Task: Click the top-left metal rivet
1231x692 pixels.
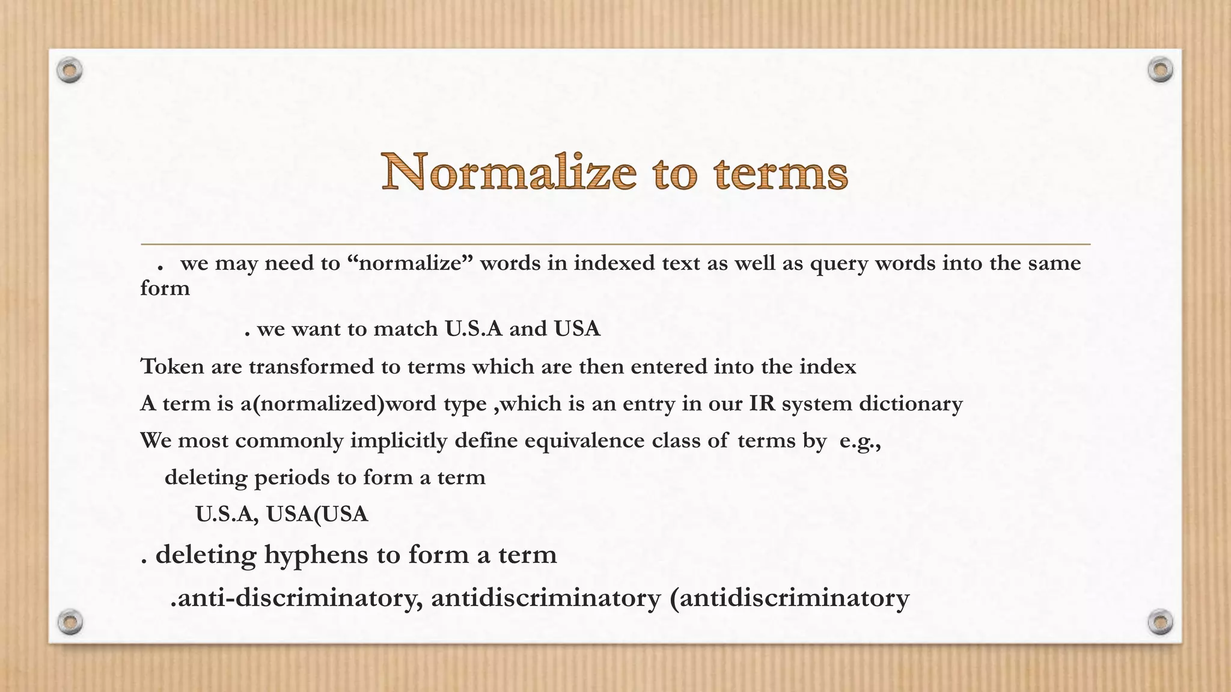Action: click(x=70, y=70)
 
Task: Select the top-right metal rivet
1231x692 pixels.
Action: click(x=1160, y=70)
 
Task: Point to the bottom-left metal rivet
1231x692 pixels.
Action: click(x=70, y=622)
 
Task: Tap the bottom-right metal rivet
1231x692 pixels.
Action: click(x=1160, y=622)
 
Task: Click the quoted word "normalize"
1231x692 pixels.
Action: click(x=411, y=263)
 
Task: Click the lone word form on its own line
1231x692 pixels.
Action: click(x=165, y=288)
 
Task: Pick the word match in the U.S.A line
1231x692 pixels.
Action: click(x=405, y=329)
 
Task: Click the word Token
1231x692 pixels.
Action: click(x=172, y=366)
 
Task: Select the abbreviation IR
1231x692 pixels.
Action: click(x=762, y=403)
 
